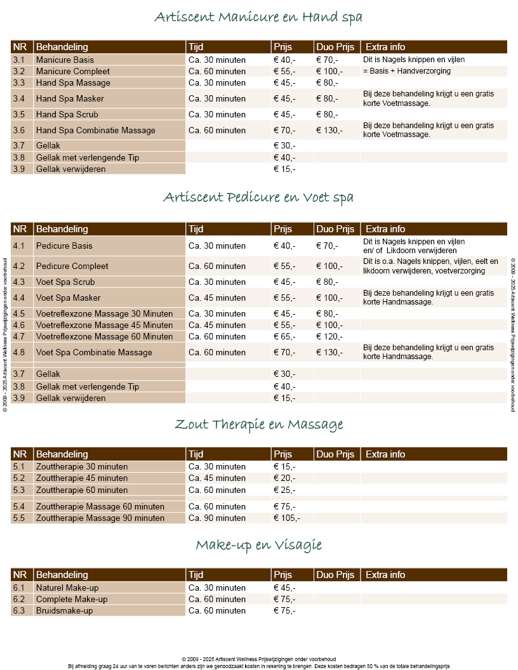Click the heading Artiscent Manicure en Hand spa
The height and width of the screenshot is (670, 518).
click(x=258, y=17)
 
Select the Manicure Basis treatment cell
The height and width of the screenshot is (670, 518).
click(x=65, y=60)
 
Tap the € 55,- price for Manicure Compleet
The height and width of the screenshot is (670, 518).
click(x=284, y=72)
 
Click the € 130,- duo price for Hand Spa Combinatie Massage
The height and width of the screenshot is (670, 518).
click(x=329, y=131)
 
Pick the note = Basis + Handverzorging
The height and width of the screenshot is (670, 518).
click(x=407, y=71)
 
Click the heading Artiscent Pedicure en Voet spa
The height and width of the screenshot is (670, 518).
click(x=258, y=197)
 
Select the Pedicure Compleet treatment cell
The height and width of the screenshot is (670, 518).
click(x=72, y=266)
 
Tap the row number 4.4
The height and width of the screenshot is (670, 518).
click(x=19, y=298)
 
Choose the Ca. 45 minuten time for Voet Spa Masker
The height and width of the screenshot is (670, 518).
click(x=217, y=298)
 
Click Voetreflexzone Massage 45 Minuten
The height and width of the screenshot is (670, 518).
click(x=104, y=325)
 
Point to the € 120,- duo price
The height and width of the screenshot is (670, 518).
click(x=329, y=337)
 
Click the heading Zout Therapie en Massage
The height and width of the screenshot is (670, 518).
click(x=258, y=424)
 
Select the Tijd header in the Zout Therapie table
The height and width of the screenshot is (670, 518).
click(x=196, y=454)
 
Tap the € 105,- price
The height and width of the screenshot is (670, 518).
click(x=286, y=518)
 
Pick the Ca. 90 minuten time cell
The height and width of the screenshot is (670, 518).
click(x=217, y=518)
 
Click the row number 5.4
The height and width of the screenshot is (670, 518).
click(x=19, y=507)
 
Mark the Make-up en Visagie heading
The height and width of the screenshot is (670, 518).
click(x=258, y=545)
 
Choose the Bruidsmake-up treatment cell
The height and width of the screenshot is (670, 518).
click(x=64, y=611)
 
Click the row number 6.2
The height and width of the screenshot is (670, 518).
click(x=19, y=600)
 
